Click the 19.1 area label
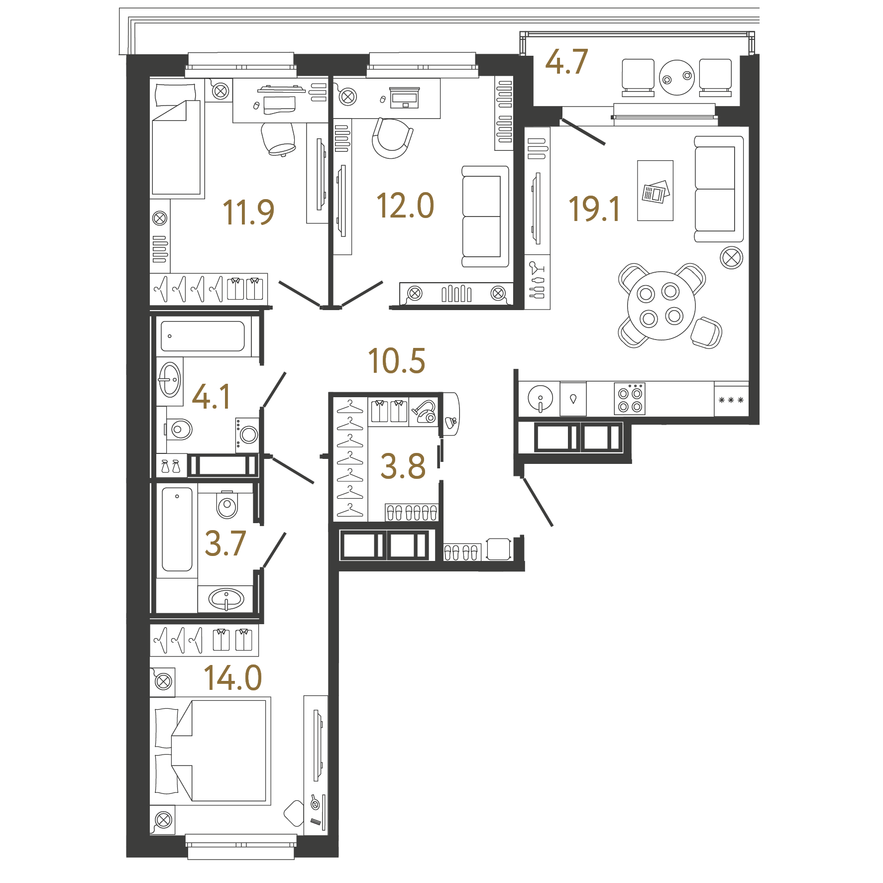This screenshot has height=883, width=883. (x=594, y=209)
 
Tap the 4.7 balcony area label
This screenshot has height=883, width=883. (x=566, y=62)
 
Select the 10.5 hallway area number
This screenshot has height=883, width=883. (x=397, y=361)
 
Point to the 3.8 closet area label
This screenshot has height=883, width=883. (x=403, y=466)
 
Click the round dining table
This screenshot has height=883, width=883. (x=662, y=306)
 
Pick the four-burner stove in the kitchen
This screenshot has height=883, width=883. (x=630, y=399)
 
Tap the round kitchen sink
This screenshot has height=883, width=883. (x=540, y=398)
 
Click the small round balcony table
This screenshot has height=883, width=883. (x=677, y=77)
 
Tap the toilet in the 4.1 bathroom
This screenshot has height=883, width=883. (x=178, y=429)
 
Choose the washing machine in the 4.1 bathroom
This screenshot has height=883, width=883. (x=247, y=435)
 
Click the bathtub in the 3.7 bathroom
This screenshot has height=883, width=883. (x=177, y=529)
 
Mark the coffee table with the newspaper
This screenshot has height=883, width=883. (x=655, y=191)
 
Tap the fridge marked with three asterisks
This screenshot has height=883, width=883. (x=731, y=399)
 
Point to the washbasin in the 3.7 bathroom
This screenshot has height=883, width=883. (x=226, y=598)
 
